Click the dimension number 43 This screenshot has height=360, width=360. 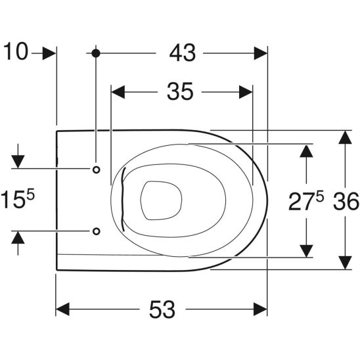[183, 53]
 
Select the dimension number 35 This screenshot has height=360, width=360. [180, 91]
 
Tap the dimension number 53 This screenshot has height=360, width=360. [162, 309]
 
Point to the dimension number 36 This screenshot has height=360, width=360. [346, 202]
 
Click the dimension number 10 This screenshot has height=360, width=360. [16, 51]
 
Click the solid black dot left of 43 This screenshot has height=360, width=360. [96, 53]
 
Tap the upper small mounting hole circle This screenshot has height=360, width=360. [96, 169]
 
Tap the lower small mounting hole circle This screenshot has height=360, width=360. [96, 231]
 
